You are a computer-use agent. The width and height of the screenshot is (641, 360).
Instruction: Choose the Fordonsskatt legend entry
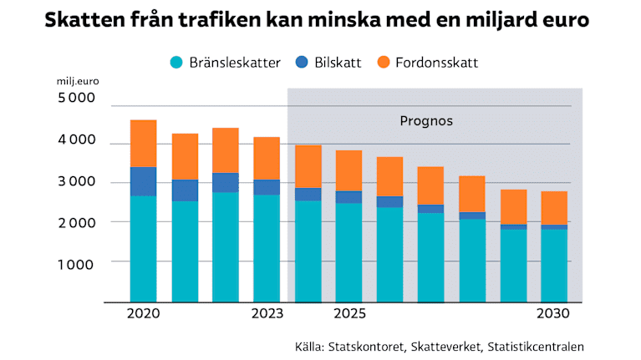(x=439, y=63)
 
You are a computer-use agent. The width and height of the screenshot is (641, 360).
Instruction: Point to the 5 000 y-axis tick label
(x=76, y=99)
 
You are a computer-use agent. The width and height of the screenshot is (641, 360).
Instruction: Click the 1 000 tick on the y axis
(x=76, y=262)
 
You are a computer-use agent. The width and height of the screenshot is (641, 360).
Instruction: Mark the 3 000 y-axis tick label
(x=76, y=181)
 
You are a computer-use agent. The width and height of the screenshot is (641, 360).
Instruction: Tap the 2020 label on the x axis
(x=143, y=315)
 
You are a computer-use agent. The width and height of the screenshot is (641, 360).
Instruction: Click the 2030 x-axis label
(x=553, y=315)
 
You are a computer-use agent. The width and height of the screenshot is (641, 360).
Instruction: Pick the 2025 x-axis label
(x=349, y=315)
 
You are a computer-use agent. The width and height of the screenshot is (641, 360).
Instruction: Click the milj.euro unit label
(x=78, y=81)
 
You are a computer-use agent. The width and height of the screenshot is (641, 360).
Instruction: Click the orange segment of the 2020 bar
(x=143, y=144)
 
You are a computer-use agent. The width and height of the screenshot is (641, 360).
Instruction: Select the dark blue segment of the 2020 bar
(x=143, y=181)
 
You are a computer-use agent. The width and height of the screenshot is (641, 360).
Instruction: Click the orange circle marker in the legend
(x=384, y=63)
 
